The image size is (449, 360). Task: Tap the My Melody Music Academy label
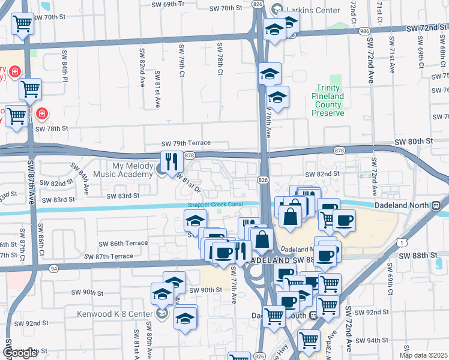click(132, 170)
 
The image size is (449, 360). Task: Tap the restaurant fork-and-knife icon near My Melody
click(171, 162)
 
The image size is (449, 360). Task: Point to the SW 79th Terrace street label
click(185, 143)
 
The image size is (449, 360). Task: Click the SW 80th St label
click(414, 141)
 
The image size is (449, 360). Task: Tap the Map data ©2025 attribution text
click(423, 355)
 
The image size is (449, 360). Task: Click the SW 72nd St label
click(427, 28)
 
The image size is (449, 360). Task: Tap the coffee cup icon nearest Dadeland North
click(344, 220)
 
